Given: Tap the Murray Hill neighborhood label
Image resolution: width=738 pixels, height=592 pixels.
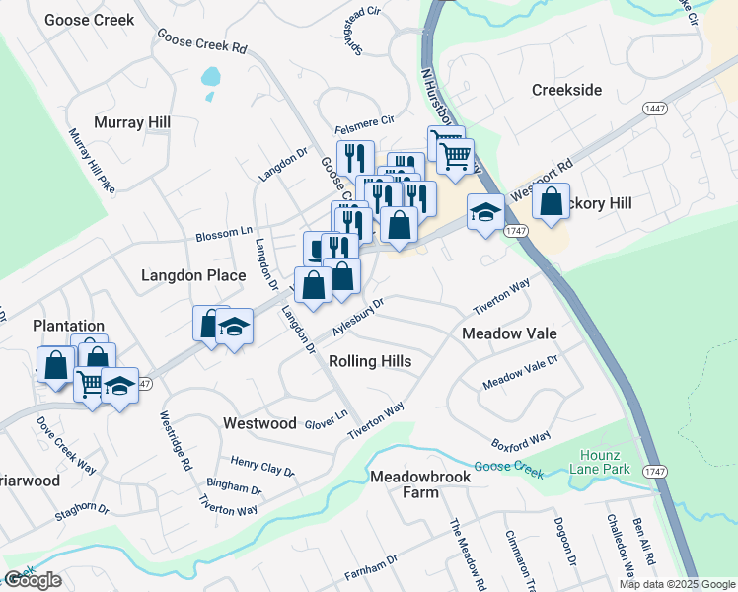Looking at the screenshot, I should click(x=132, y=122).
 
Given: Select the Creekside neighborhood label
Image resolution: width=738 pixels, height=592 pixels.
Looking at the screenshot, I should click(x=566, y=90).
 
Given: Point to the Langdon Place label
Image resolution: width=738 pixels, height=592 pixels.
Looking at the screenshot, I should click(x=192, y=275).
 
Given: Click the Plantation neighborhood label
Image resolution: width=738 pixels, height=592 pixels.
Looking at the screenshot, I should click(x=68, y=326).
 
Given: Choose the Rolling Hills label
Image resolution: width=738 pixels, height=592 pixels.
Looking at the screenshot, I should click(x=369, y=361).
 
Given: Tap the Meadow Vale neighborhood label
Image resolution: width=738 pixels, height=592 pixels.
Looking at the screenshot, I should click(x=509, y=333).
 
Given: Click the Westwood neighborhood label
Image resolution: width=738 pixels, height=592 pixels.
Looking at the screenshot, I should click(x=259, y=423).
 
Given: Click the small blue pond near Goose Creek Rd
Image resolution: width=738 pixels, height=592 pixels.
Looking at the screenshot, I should click(x=210, y=76).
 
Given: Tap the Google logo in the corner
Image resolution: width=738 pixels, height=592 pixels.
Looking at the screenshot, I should click(x=34, y=580).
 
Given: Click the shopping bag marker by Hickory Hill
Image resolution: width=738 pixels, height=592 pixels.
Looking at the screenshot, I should click(x=551, y=202).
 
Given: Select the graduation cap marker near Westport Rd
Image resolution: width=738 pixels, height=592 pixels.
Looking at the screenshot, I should click(x=484, y=213).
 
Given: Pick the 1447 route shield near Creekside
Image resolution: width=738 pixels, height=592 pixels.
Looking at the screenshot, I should click(x=652, y=108).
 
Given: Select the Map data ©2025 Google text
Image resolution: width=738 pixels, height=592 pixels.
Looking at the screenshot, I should click(x=677, y=584).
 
